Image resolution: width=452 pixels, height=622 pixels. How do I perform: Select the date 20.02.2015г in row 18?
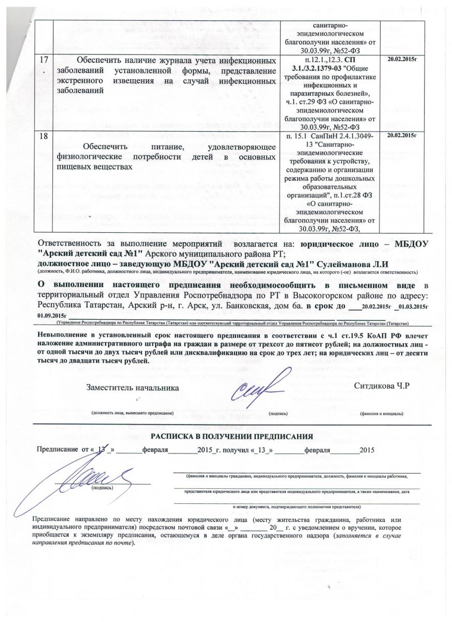(402, 135)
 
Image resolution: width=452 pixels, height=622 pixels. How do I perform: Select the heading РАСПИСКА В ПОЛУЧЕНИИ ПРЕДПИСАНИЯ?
(231, 436)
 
